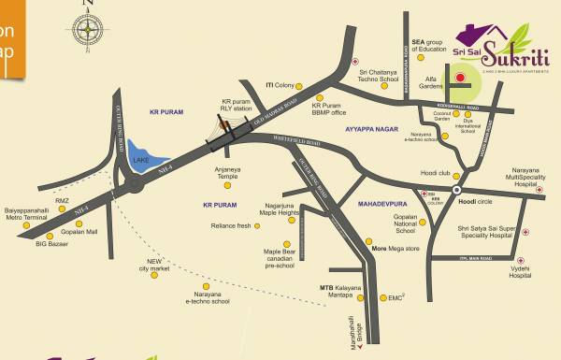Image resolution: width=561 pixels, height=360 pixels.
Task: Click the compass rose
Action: [90, 30]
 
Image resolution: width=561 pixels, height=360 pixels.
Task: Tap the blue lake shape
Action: [141, 157]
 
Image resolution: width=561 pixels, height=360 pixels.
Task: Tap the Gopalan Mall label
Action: [79, 230]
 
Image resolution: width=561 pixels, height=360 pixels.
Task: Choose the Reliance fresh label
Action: [230, 226]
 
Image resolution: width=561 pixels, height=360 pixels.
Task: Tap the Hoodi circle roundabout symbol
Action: [456, 190]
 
